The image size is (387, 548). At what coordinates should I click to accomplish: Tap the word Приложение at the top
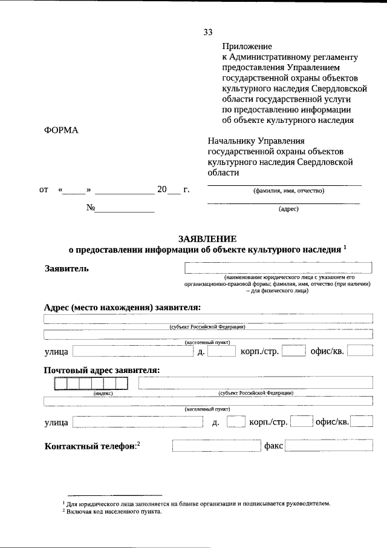coord(247,46)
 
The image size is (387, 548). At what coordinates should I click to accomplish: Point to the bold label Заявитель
coord(67,269)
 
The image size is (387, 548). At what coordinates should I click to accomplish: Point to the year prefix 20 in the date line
coord(161,190)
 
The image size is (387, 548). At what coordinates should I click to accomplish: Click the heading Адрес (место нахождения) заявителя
coord(122,307)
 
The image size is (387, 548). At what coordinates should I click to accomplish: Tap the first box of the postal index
coord(61,383)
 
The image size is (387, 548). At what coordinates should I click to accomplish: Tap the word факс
coord(273,446)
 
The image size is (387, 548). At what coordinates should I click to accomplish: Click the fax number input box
coord(328,446)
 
